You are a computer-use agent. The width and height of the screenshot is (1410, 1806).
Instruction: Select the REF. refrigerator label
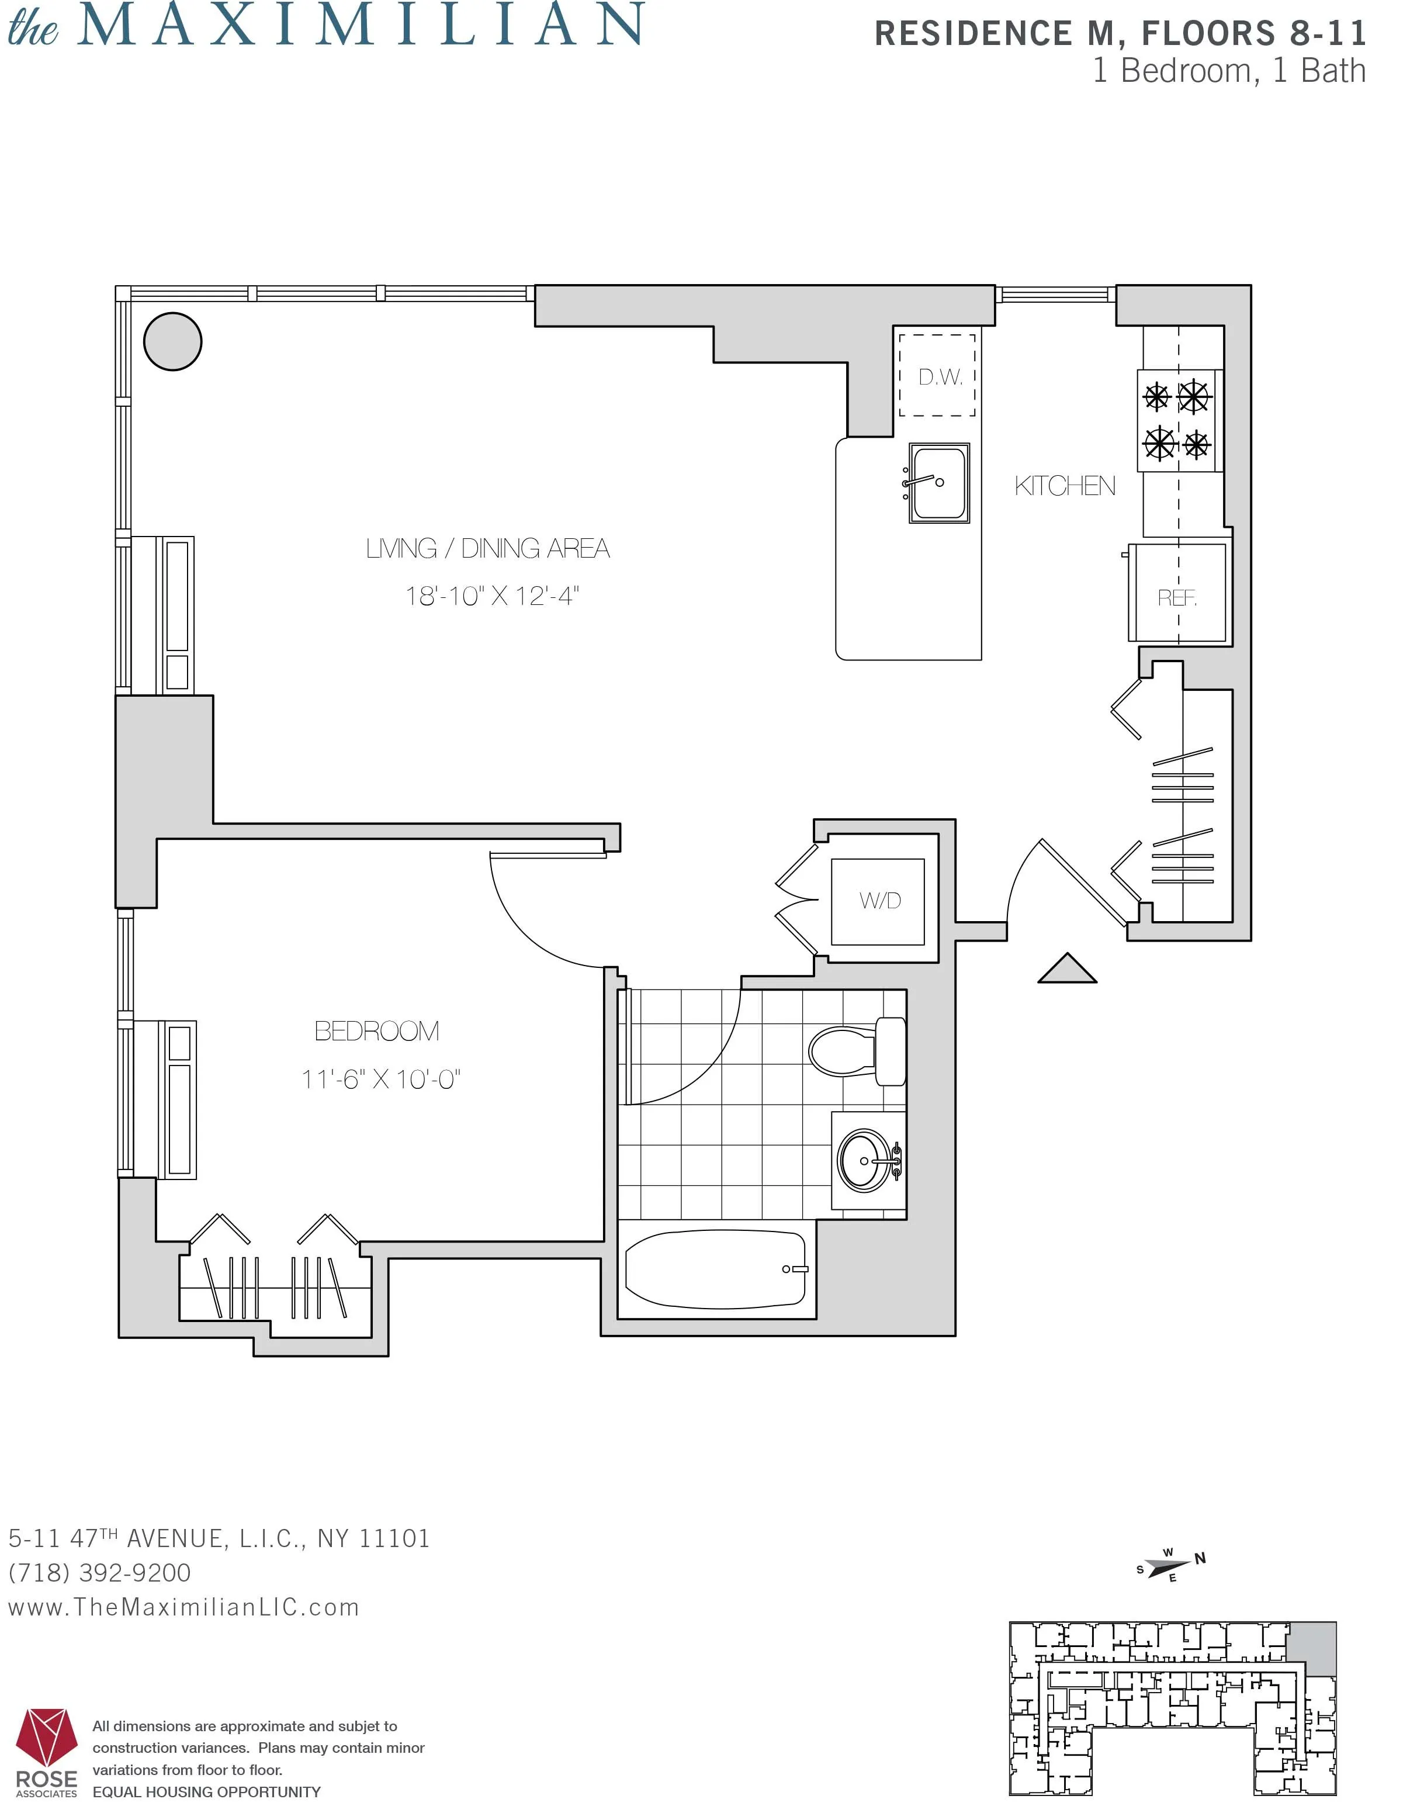1177,597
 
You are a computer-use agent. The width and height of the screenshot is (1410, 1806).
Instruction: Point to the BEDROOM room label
376,1030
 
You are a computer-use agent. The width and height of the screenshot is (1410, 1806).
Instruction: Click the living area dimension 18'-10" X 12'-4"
492,596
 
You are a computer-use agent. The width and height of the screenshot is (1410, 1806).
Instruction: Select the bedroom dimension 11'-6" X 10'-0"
380,1079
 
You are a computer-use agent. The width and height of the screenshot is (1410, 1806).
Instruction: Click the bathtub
715,1270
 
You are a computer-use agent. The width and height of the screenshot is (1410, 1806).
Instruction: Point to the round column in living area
173,341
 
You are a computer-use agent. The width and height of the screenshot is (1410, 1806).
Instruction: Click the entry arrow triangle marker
1067,970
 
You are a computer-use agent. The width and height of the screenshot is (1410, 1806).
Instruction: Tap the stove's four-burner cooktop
1177,421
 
